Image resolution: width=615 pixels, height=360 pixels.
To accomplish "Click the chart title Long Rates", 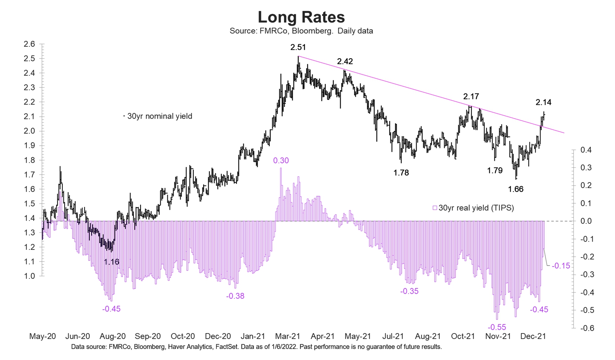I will (301, 17).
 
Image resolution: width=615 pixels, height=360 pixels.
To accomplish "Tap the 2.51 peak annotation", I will (298, 47).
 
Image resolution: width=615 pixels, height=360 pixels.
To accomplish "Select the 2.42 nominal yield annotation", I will (345, 61).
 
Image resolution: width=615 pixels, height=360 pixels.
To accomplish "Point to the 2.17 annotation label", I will (471, 97).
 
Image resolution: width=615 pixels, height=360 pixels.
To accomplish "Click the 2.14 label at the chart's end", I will (543, 102).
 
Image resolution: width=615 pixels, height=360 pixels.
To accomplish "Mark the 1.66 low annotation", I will (515, 189).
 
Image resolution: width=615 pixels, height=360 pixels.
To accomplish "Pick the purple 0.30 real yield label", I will (281, 160).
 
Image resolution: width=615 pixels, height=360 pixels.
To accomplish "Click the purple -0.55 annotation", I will (497, 327).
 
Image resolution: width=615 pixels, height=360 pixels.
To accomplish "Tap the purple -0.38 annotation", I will (235, 296).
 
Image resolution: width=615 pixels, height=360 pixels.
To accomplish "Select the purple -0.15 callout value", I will (561, 266).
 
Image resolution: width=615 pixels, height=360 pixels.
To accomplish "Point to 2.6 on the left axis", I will (29, 44).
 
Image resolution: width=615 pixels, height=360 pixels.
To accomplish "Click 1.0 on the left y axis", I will (29, 276).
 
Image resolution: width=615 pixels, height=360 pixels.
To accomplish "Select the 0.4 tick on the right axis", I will (586, 150).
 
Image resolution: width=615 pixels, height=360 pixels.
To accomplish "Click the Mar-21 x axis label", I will (288, 336).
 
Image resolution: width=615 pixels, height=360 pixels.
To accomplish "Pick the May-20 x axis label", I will (42, 336).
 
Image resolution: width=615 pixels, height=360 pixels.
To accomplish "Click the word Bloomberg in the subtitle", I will (312, 31).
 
